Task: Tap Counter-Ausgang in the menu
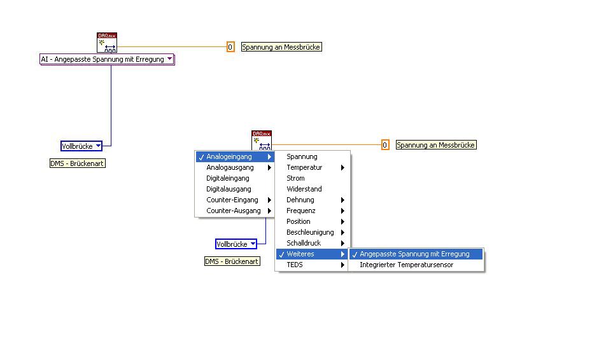click(x=234, y=211)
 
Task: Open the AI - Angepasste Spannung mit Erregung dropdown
click(x=107, y=59)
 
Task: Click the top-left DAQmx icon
click(x=107, y=42)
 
